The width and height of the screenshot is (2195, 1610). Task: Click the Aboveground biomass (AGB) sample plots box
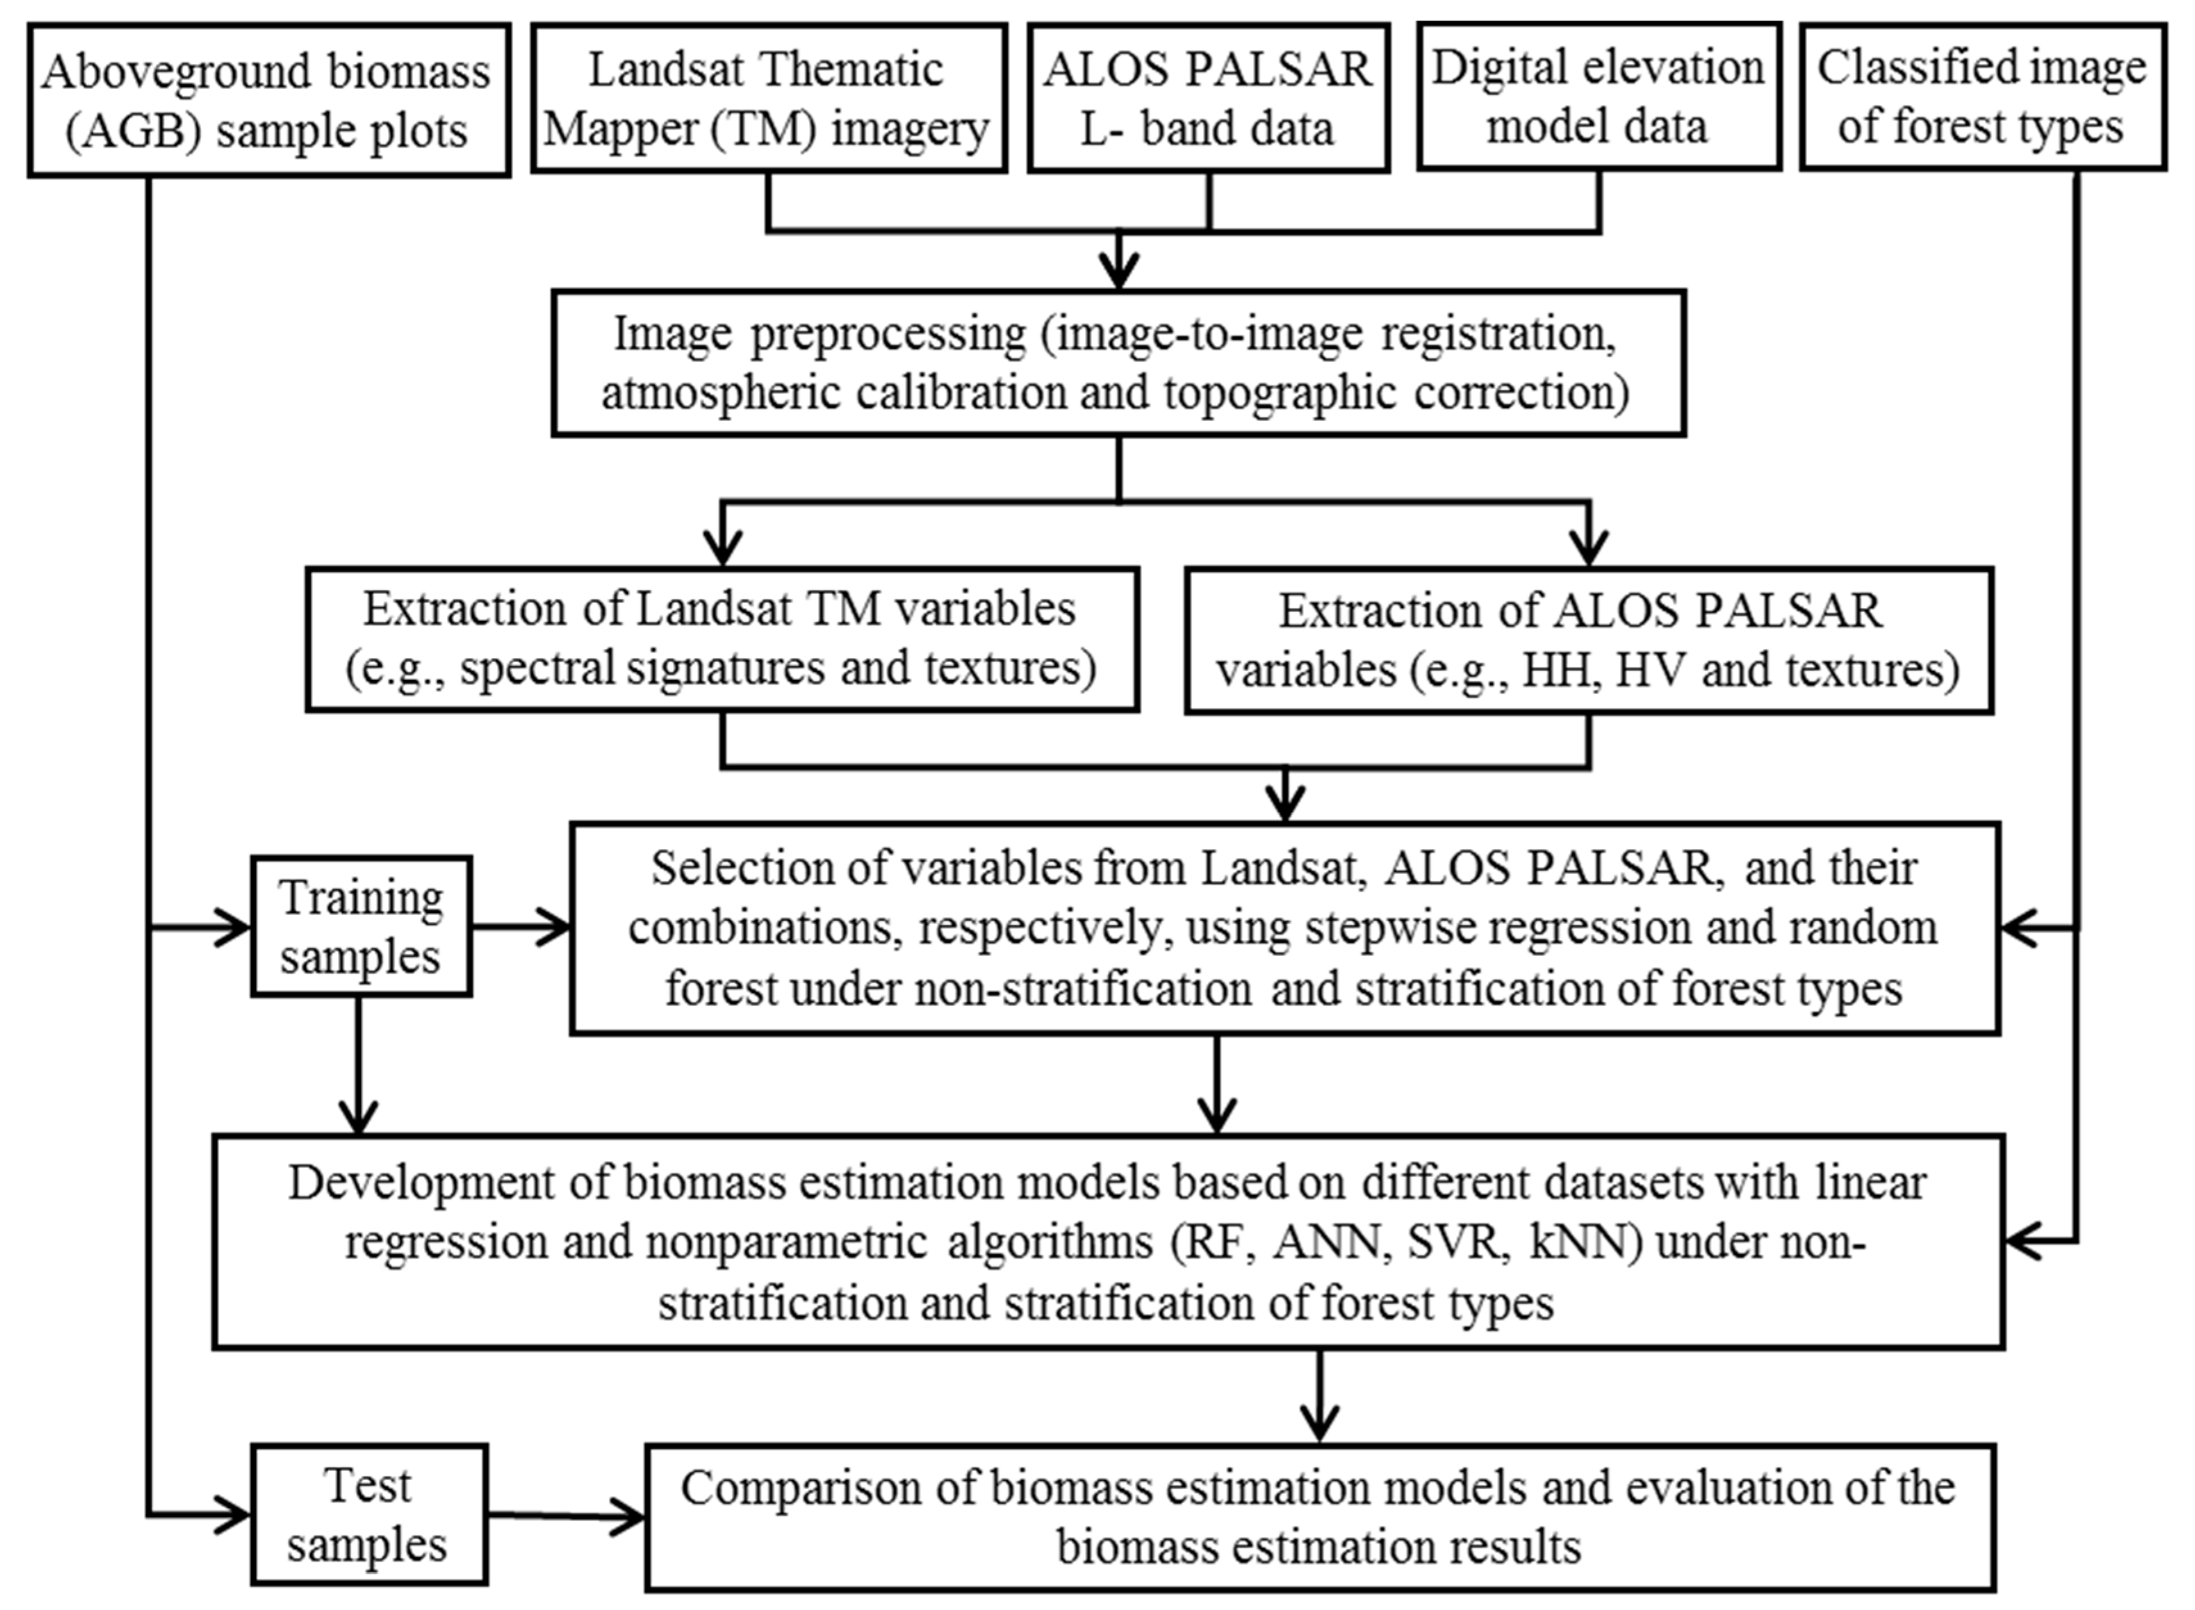268,100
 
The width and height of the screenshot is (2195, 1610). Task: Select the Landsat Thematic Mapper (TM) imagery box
768,98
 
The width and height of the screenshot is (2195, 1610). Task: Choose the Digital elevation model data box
1598,97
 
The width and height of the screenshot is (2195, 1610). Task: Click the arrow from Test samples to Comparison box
565,1516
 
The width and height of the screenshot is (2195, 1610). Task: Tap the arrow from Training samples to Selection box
522,927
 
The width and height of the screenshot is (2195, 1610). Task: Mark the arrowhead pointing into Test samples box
234,1516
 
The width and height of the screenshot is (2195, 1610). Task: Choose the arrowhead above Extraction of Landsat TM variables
722,548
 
